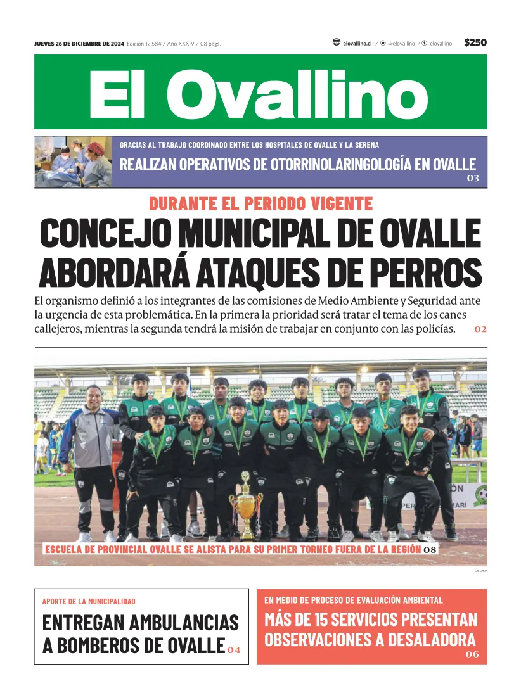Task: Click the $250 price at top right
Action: tap(475, 42)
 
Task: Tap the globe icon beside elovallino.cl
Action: tap(336, 42)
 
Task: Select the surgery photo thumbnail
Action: tap(73, 162)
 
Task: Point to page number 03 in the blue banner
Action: tap(473, 179)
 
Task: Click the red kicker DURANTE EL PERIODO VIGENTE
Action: tap(260, 204)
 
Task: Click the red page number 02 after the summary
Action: tap(480, 329)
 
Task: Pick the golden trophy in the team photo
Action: tap(246, 506)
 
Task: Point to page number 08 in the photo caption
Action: tap(430, 550)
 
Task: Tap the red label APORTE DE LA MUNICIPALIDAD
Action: tap(89, 601)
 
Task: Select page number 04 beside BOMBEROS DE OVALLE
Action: tap(234, 650)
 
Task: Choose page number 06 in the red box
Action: tap(473, 654)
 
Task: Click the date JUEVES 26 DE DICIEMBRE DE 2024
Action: tap(79, 44)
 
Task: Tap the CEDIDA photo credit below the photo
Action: tap(480, 571)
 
